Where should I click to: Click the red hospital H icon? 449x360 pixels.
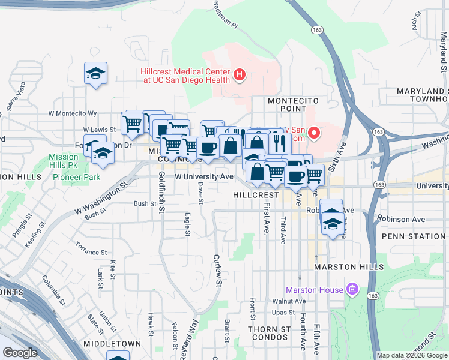click(x=240, y=74)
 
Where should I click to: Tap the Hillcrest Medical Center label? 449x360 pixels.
click(x=185, y=75)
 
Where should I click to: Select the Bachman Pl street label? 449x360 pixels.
click(x=226, y=14)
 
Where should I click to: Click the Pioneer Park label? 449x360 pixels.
click(x=76, y=177)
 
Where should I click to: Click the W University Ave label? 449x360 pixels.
click(x=203, y=177)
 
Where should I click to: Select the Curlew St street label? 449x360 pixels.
click(x=218, y=270)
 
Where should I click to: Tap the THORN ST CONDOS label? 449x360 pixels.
click(x=270, y=333)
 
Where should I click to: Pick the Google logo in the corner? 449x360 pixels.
click(x=20, y=353)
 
